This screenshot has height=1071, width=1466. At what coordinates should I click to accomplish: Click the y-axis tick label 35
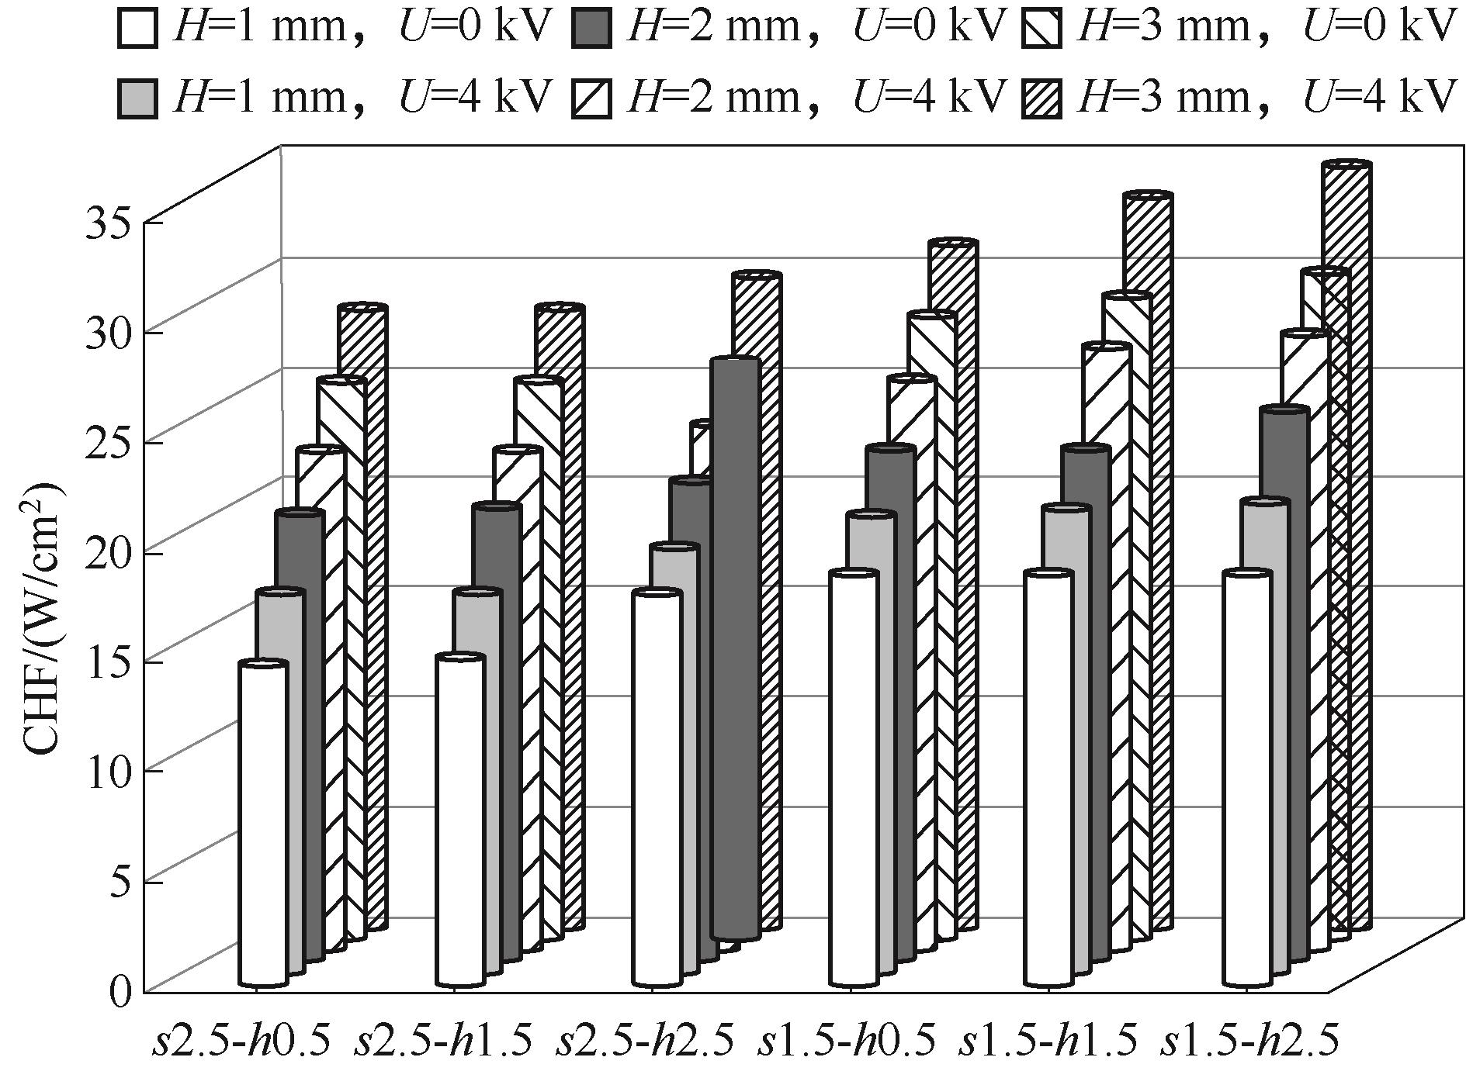pos(109,223)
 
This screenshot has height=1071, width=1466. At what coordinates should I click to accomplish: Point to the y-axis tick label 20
pos(109,552)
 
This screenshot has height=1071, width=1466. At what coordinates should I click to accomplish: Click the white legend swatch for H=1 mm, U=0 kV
pos(138,29)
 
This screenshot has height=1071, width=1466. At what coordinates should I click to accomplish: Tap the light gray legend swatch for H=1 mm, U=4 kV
pos(138,98)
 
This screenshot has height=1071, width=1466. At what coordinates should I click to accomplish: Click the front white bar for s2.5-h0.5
pos(263,822)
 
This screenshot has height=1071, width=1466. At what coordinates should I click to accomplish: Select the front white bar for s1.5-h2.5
pos(1248,776)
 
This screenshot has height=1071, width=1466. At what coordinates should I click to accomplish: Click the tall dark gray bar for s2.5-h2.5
pos(735,644)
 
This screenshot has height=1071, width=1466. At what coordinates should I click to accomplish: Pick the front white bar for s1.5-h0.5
pos(854,776)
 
